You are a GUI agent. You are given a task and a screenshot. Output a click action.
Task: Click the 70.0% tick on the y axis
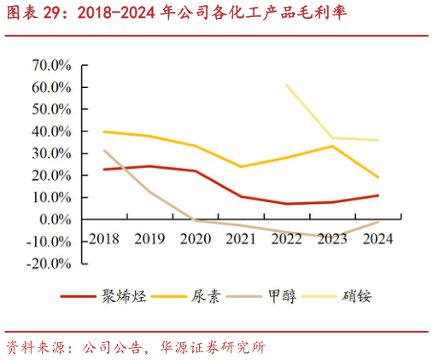click(52, 66)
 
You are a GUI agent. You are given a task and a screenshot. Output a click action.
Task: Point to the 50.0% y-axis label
click(52, 109)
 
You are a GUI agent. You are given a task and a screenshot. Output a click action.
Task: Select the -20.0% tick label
click(50, 263)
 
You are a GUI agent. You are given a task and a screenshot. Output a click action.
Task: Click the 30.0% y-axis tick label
click(52, 154)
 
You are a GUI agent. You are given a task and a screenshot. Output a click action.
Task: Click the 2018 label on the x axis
click(104, 239)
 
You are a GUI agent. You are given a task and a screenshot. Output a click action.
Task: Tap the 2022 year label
click(286, 239)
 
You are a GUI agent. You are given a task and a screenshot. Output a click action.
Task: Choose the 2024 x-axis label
click(377, 239)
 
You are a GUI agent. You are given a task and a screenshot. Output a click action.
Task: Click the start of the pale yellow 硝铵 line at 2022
click(286, 84)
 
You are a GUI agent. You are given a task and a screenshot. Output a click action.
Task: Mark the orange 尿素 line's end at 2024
click(377, 177)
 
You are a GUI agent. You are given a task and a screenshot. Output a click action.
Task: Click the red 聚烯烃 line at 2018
click(104, 169)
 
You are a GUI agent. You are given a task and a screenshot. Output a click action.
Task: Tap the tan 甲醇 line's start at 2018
click(104, 150)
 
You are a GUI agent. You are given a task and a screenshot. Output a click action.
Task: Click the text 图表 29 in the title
click(33, 15)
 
